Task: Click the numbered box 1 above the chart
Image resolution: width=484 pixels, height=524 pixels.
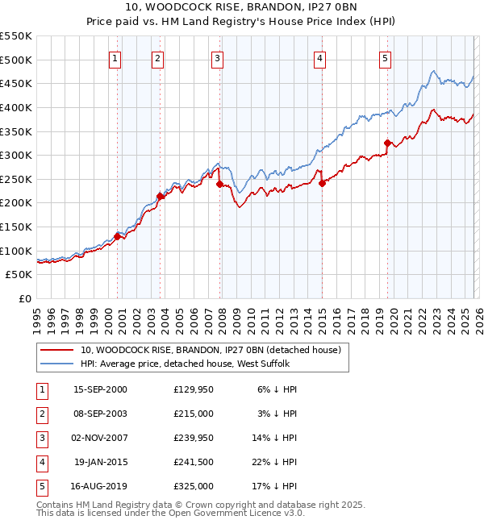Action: click(115, 58)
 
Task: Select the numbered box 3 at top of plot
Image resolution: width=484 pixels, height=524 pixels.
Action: click(218, 58)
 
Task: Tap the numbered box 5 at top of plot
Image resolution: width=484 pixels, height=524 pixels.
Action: click(386, 58)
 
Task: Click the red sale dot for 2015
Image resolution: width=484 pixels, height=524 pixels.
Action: click(322, 183)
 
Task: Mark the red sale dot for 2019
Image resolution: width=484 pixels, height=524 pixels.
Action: click(387, 143)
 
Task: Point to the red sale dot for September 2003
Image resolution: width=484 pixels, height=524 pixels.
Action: click(160, 195)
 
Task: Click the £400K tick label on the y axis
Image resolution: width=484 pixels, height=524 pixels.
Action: click(16, 107)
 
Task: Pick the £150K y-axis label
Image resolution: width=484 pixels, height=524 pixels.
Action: click(16, 227)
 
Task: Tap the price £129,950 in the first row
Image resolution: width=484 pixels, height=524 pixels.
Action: click(194, 389)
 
